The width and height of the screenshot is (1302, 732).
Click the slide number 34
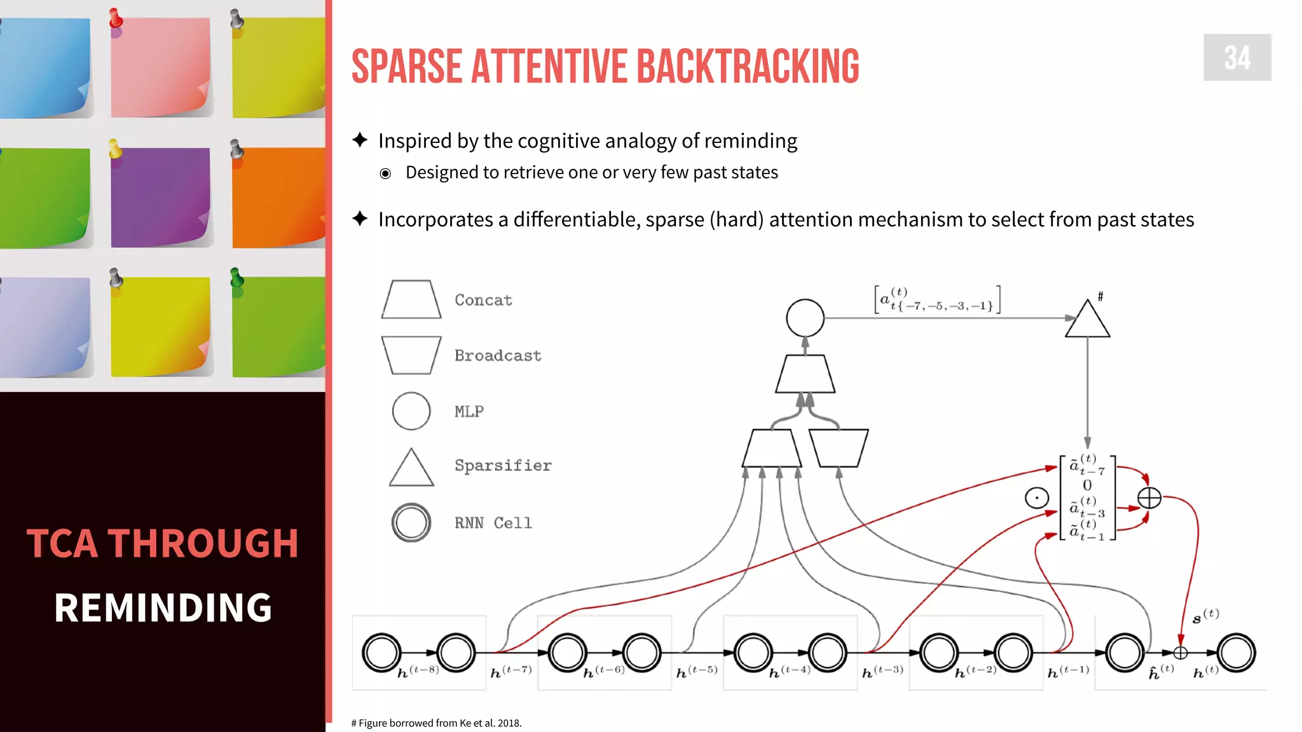1237,58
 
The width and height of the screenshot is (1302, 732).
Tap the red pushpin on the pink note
116,18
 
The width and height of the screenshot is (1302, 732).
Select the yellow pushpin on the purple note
115,149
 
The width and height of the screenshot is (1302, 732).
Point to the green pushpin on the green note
236,278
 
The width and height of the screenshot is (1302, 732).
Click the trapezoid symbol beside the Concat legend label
411,299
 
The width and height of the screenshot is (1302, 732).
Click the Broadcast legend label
498,355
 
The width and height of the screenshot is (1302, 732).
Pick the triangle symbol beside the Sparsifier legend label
411,469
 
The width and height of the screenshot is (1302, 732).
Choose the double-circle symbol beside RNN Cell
411,522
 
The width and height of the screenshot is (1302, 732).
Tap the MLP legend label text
469,411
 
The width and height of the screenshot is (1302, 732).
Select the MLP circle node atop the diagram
805,318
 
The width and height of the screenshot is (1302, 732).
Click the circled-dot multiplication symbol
1037,498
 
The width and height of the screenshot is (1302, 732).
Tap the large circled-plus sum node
1149,498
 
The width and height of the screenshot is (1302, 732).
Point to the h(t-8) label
418,672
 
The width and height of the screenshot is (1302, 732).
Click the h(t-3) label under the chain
882,672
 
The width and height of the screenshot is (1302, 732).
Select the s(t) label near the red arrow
1205,616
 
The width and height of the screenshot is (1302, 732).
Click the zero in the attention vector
1087,485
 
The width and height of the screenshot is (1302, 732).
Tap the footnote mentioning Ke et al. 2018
436,723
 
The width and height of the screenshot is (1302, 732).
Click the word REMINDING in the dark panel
163,607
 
